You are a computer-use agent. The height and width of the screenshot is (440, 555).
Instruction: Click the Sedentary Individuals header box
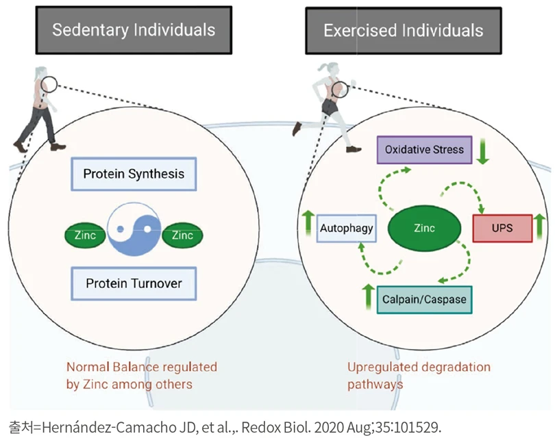click(134, 29)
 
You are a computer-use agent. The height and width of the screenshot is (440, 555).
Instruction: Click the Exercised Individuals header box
click(403, 30)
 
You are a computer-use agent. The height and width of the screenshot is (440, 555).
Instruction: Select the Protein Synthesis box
click(134, 174)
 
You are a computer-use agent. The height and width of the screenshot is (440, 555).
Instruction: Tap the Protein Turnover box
click(134, 283)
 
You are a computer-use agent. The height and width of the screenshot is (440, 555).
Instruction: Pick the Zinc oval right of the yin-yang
click(182, 235)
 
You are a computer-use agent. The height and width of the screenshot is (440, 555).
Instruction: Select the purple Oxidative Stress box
click(424, 150)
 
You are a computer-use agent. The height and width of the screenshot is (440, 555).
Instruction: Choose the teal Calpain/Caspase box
click(424, 299)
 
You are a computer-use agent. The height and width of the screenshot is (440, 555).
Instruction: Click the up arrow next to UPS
click(539, 227)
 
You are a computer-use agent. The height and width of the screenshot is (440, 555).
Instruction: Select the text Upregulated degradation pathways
click(419, 375)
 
